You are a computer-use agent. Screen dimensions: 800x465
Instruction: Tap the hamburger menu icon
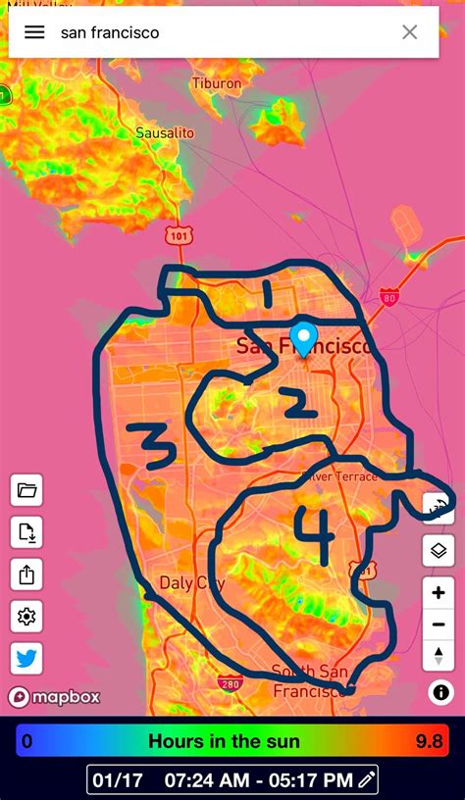[34, 32]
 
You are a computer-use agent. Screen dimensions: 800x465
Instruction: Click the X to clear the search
[409, 32]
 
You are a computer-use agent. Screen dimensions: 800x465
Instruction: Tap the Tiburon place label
[217, 84]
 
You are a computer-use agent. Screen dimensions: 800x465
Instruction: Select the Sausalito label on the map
[165, 132]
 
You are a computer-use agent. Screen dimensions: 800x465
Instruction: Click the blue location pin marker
[304, 338]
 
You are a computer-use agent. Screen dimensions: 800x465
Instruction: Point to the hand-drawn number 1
[268, 291]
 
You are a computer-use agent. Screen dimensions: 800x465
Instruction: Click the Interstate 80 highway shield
[389, 297]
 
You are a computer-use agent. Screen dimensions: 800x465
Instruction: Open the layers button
[439, 550]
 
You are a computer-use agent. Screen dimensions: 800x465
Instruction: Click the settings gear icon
[26, 617]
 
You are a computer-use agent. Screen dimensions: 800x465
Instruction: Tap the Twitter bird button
[26, 659]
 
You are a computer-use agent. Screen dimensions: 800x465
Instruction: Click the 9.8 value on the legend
[430, 741]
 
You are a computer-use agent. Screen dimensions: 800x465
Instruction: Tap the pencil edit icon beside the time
[367, 780]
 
